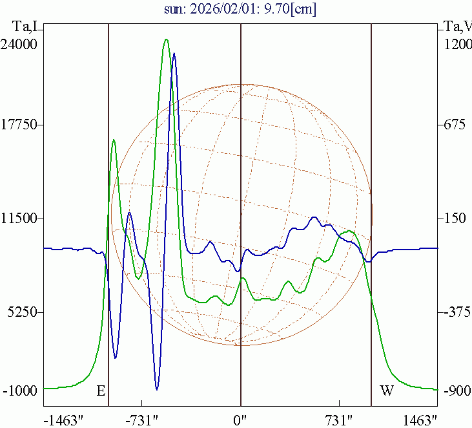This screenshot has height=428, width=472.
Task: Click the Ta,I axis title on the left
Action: coord(26,26)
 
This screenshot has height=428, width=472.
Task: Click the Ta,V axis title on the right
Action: coord(457,26)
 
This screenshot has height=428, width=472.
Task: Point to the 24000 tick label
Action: coord(19,44)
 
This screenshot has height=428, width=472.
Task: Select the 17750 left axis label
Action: coord(19,124)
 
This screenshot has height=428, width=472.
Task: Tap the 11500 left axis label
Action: coord(19,219)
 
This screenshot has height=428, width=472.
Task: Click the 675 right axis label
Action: coord(453,124)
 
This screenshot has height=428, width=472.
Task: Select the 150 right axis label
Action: coord(453,219)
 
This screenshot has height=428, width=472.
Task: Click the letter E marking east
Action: coord(101,391)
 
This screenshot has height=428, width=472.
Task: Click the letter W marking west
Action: coord(386,391)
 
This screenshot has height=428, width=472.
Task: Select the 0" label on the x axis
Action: coord(241,420)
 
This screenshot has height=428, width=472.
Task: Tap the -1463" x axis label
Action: coord(63,420)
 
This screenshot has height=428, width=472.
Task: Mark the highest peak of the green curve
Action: coord(166,39)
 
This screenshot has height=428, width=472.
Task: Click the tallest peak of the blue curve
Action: coord(174,54)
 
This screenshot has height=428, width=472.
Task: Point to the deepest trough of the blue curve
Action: coord(157,389)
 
